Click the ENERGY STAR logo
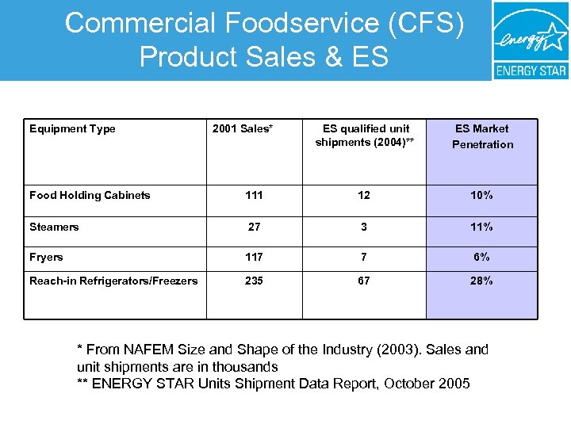pos(531,40)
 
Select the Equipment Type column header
pos(72,129)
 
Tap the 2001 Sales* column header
pos(243,129)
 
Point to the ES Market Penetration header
pos(482,136)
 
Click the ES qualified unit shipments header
pos(363,136)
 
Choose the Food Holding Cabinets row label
pos(90,196)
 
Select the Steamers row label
pos(54,227)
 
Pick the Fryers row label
pos(46,258)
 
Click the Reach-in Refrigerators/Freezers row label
pos(113,281)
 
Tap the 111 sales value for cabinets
pos(254,196)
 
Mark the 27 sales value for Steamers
pos(254,227)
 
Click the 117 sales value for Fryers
pos(254,258)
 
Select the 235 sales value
pos(254,281)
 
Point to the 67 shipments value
pos(363,281)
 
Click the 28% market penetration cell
pos(482,281)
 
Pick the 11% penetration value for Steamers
pos(482,227)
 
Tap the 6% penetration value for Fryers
pos(482,258)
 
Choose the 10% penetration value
pos(482,196)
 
